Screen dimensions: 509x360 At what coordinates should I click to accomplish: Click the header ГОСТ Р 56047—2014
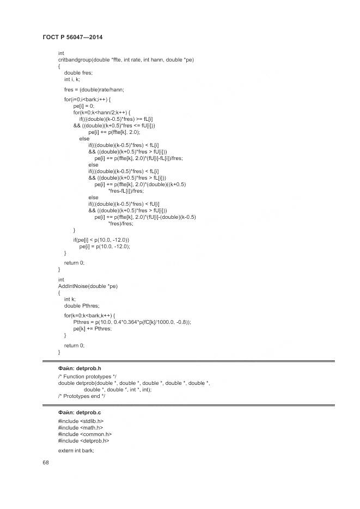click(72, 37)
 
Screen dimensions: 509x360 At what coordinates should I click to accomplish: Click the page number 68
click(45, 463)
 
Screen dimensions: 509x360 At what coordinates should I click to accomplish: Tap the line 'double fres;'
click(78, 72)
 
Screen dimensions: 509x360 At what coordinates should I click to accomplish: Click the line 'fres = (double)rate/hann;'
click(94, 89)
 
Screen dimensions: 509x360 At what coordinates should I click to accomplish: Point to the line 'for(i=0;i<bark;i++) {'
click(87, 100)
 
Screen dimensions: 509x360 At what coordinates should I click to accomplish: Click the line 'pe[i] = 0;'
click(84, 106)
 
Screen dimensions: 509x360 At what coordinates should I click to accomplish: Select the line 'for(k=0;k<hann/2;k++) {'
click(102, 113)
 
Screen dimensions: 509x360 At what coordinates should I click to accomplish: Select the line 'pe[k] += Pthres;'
click(92, 329)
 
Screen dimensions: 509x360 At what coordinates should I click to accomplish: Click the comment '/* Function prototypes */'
click(87, 377)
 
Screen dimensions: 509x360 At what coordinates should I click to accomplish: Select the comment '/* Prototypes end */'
click(81, 396)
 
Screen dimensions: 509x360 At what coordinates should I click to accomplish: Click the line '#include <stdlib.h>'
click(81, 421)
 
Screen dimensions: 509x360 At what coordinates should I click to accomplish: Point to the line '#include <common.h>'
click(84, 434)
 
